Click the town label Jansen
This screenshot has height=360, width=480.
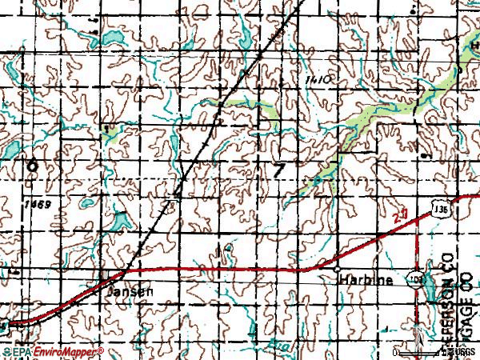pyautogui.click(x=128, y=292)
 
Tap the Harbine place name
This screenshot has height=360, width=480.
pyautogui.click(x=366, y=281)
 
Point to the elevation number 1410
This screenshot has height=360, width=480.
pyautogui.click(x=318, y=82)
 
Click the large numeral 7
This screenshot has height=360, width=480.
pyautogui.click(x=278, y=170)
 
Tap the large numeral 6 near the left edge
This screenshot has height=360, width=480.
pyautogui.click(x=32, y=166)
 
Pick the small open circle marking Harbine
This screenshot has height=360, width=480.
pyautogui.click(x=338, y=269)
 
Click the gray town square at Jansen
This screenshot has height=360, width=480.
pyautogui.click(x=106, y=276)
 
